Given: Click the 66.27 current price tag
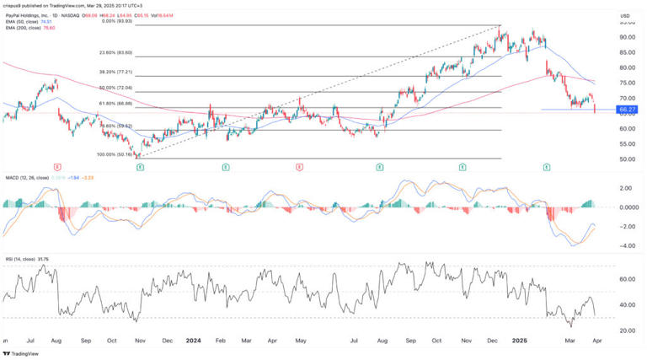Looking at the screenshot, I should (x=626, y=110).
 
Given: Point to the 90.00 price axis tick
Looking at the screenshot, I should (x=626, y=37).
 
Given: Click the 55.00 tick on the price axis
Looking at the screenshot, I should (x=626, y=143).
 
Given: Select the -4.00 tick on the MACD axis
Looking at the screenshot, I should (x=626, y=246).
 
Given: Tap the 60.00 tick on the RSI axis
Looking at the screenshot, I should (x=626, y=278).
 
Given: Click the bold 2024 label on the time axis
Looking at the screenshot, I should (x=194, y=340).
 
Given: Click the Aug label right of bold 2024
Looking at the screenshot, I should (x=382, y=340).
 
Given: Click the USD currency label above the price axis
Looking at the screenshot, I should (x=626, y=16).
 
